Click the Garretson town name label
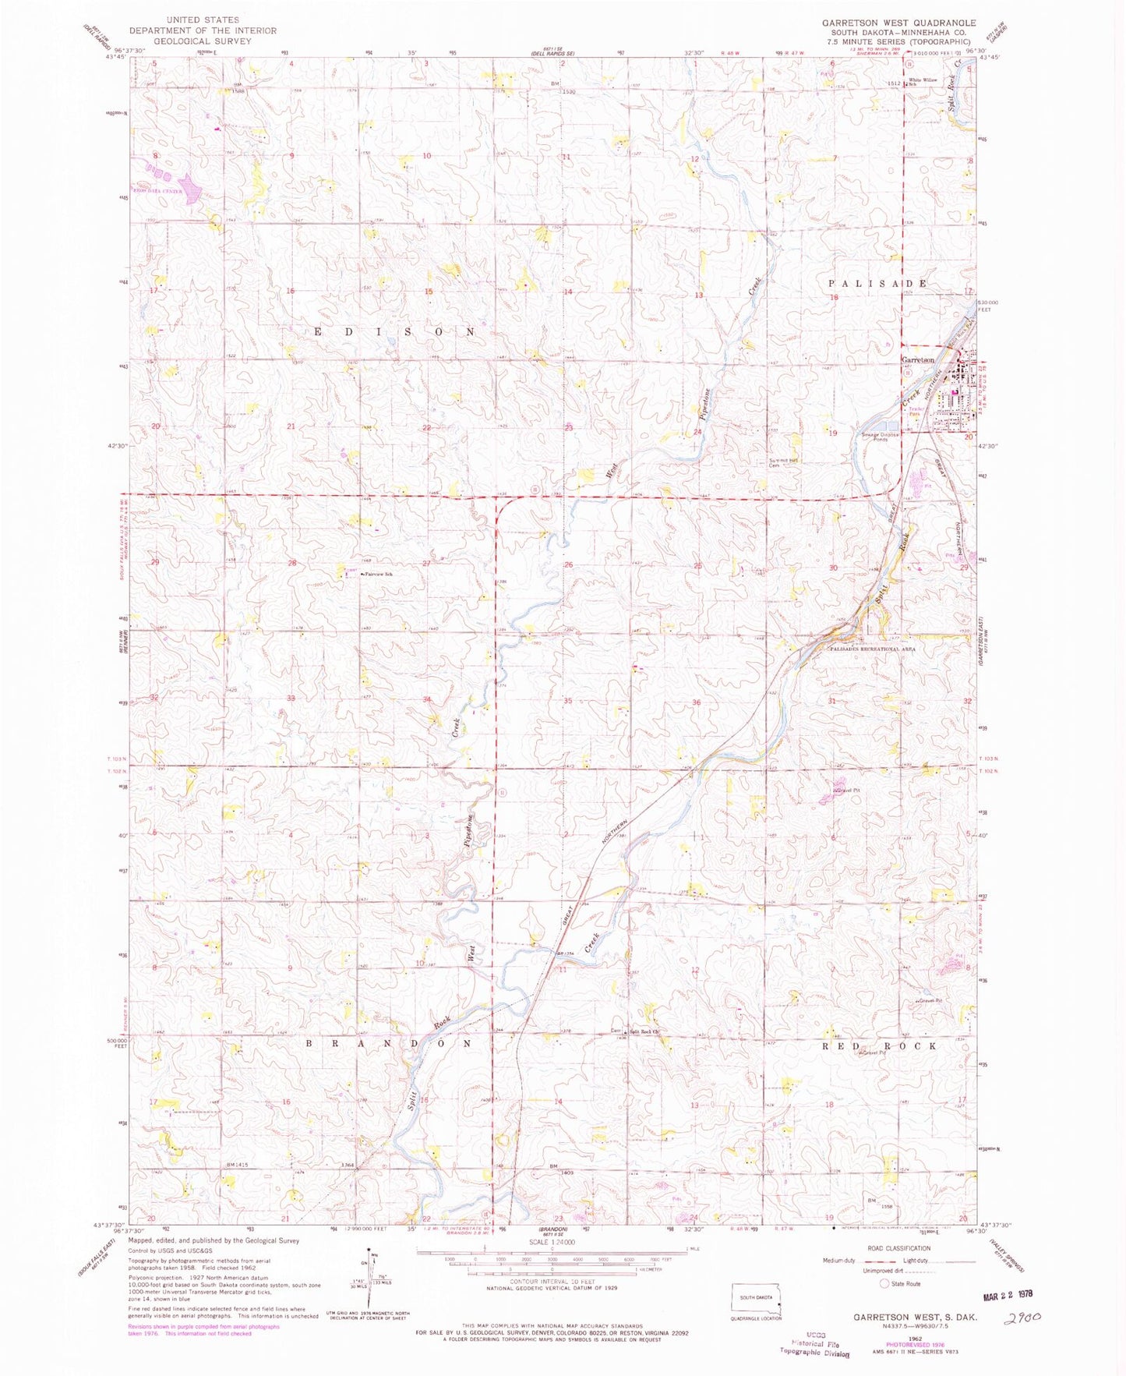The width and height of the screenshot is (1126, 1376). tap(917, 360)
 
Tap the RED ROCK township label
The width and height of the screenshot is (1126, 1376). tap(880, 1045)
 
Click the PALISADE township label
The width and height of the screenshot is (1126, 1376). tap(877, 284)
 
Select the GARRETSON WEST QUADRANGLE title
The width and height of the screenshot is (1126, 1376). tap(898, 23)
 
